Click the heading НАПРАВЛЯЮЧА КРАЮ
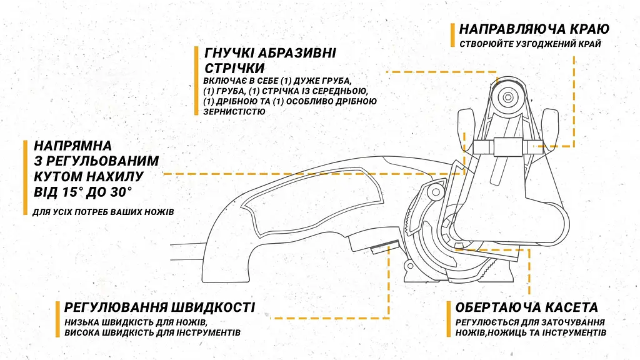click(534, 29)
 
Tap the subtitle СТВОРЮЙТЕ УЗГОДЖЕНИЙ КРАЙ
click(530, 44)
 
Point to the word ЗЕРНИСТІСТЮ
click(234, 111)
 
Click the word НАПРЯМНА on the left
click(72, 146)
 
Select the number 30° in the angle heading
click(121, 192)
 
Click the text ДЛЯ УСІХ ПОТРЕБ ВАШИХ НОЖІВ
click(103, 212)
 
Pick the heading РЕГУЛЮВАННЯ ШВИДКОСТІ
click(159, 307)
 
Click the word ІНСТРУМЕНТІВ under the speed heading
click(208, 332)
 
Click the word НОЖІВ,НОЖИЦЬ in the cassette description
click(491, 332)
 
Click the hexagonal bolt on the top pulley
click(507, 97)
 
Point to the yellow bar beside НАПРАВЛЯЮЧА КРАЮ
click(452, 35)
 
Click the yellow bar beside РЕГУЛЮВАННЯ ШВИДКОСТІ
click(57, 319)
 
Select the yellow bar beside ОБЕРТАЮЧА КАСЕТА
click(449, 319)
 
